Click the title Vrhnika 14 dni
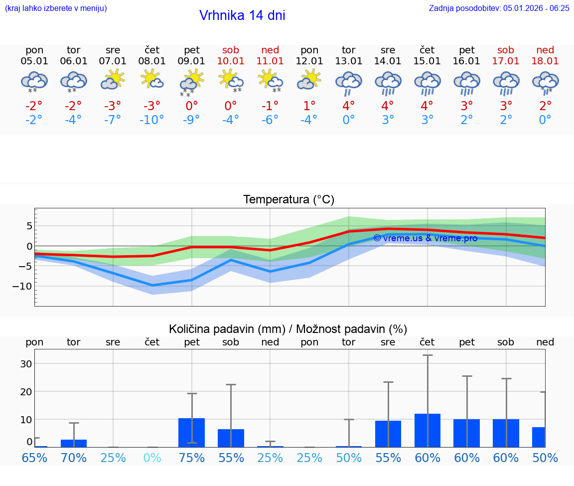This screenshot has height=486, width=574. click(242, 15)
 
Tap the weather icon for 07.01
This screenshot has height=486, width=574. click(113, 79)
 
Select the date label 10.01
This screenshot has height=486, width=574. click(231, 61)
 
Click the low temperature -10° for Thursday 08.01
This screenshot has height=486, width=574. click(152, 120)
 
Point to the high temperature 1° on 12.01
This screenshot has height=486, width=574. click(309, 106)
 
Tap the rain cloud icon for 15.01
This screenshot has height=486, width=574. click(427, 82)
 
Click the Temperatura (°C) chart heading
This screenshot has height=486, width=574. click(288, 200)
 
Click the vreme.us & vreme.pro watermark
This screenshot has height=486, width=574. click(425, 238)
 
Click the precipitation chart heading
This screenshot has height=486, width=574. click(288, 329)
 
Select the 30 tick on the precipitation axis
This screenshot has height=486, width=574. click(26, 363)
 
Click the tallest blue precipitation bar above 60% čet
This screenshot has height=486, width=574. click(427, 430)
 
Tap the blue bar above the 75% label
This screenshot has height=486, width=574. click(191, 432)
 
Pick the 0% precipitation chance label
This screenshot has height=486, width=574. click(152, 458)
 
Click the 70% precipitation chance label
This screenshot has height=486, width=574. click(74, 458)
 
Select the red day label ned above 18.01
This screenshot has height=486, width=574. click(545, 50)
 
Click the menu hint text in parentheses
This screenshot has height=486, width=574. click(55, 8)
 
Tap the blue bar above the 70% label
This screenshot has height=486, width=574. click(74, 443)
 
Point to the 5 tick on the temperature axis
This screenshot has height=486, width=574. click(29, 226)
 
